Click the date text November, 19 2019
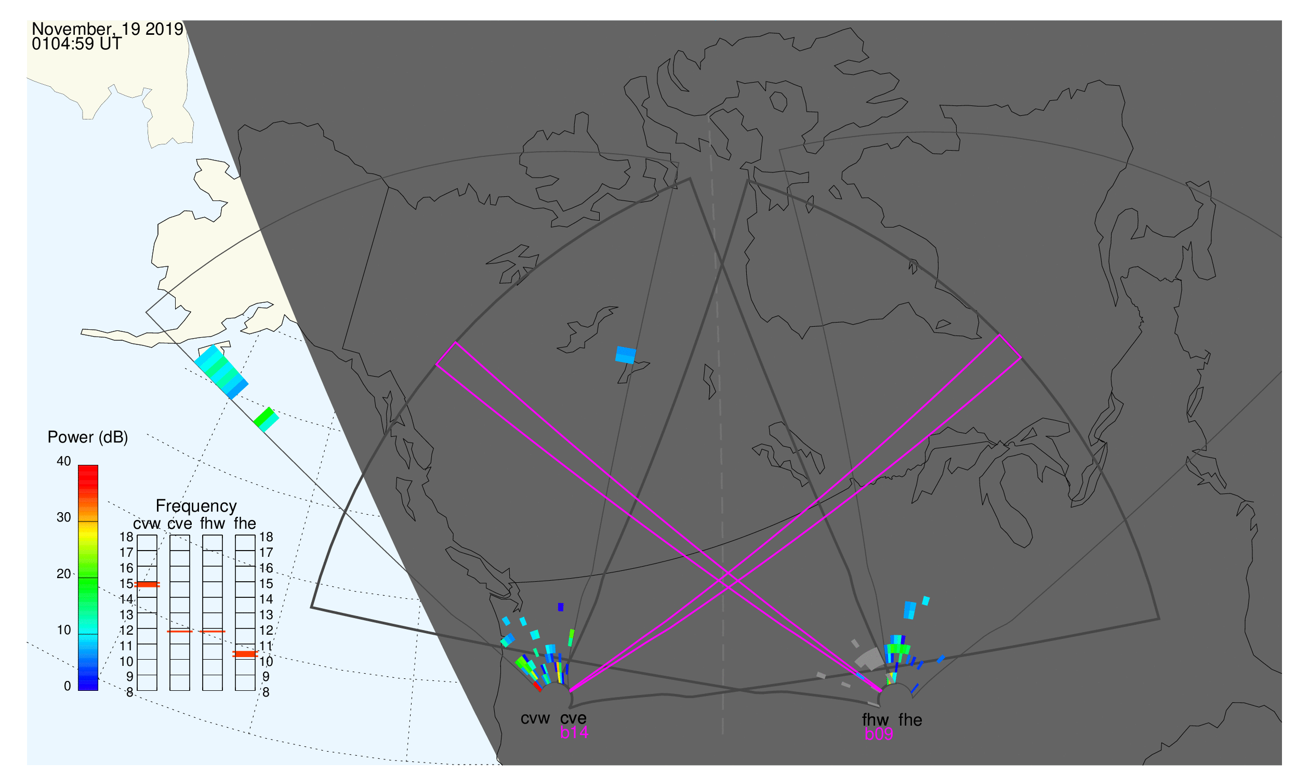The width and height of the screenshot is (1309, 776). pyautogui.click(x=108, y=29)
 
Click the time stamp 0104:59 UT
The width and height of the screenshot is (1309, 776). pyautogui.click(x=76, y=44)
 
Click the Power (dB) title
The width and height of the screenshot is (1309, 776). pyautogui.click(x=88, y=437)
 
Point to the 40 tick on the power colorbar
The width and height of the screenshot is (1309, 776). pyautogui.click(x=64, y=461)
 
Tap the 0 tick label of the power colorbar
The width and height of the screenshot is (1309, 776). pyautogui.click(x=67, y=686)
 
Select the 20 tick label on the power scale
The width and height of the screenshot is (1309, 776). pyautogui.click(x=64, y=573)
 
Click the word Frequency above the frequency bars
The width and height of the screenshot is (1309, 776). pyautogui.click(x=196, y=506)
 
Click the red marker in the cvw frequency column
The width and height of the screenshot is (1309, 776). pyautogui.click(x=147, y=584)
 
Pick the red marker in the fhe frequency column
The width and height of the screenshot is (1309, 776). pyautogui.click(x=245, y=654)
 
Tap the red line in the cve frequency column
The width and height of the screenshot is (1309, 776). pyautogui.click(x=179, y=632)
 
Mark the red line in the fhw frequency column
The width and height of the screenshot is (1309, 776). pyautogui.click(x=213, y=632)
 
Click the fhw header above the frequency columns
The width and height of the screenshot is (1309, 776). pyautogui.click(x=213, y=524)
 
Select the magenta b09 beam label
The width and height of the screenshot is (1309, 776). pyautogui.click(x=878, y=734)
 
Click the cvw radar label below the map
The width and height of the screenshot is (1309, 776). pyautogui.click(x=535, y=718)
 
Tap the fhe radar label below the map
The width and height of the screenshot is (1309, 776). pyautogui.click(x=910, y=720)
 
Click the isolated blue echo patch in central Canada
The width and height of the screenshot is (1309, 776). pyautogui.click(x=626, y=355)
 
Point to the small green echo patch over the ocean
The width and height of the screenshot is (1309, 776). pyautogui.click(x=266, y=419)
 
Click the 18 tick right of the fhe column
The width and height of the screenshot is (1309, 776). pyautogui.click(x=266, y=537)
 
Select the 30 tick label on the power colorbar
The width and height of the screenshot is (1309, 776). pyautogui.click(x=64, y=517)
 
